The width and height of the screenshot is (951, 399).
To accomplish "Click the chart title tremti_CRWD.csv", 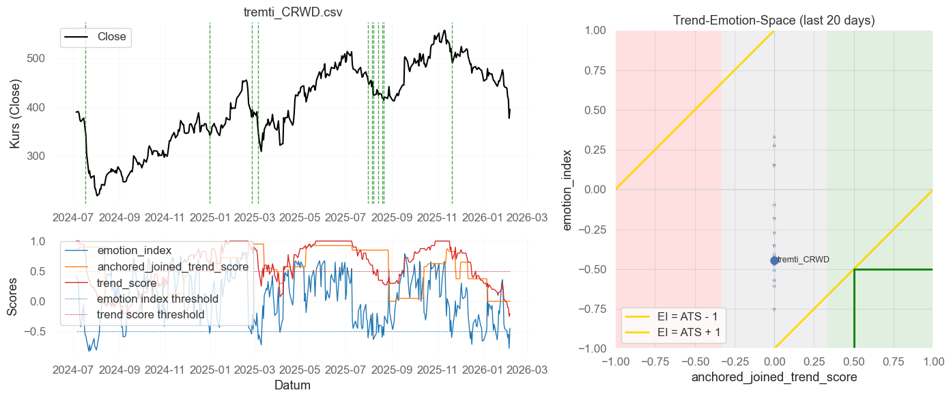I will tap(293, 12).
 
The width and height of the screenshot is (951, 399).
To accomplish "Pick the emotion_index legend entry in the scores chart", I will tap(134, 250).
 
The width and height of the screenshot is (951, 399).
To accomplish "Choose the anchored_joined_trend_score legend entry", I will tap(171, 266).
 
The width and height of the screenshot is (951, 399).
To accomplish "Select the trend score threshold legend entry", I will tap(150, 314).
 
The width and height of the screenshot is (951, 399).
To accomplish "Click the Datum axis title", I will tap(292, 385).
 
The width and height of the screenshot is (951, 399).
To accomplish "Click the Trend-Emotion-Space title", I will tap(773, 20).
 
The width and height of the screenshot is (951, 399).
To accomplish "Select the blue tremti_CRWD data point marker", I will tap(774, 260).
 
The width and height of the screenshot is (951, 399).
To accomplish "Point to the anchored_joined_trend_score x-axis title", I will tap(773, 377).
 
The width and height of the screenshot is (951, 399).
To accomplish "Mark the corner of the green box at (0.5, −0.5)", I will tap(854, 269).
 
